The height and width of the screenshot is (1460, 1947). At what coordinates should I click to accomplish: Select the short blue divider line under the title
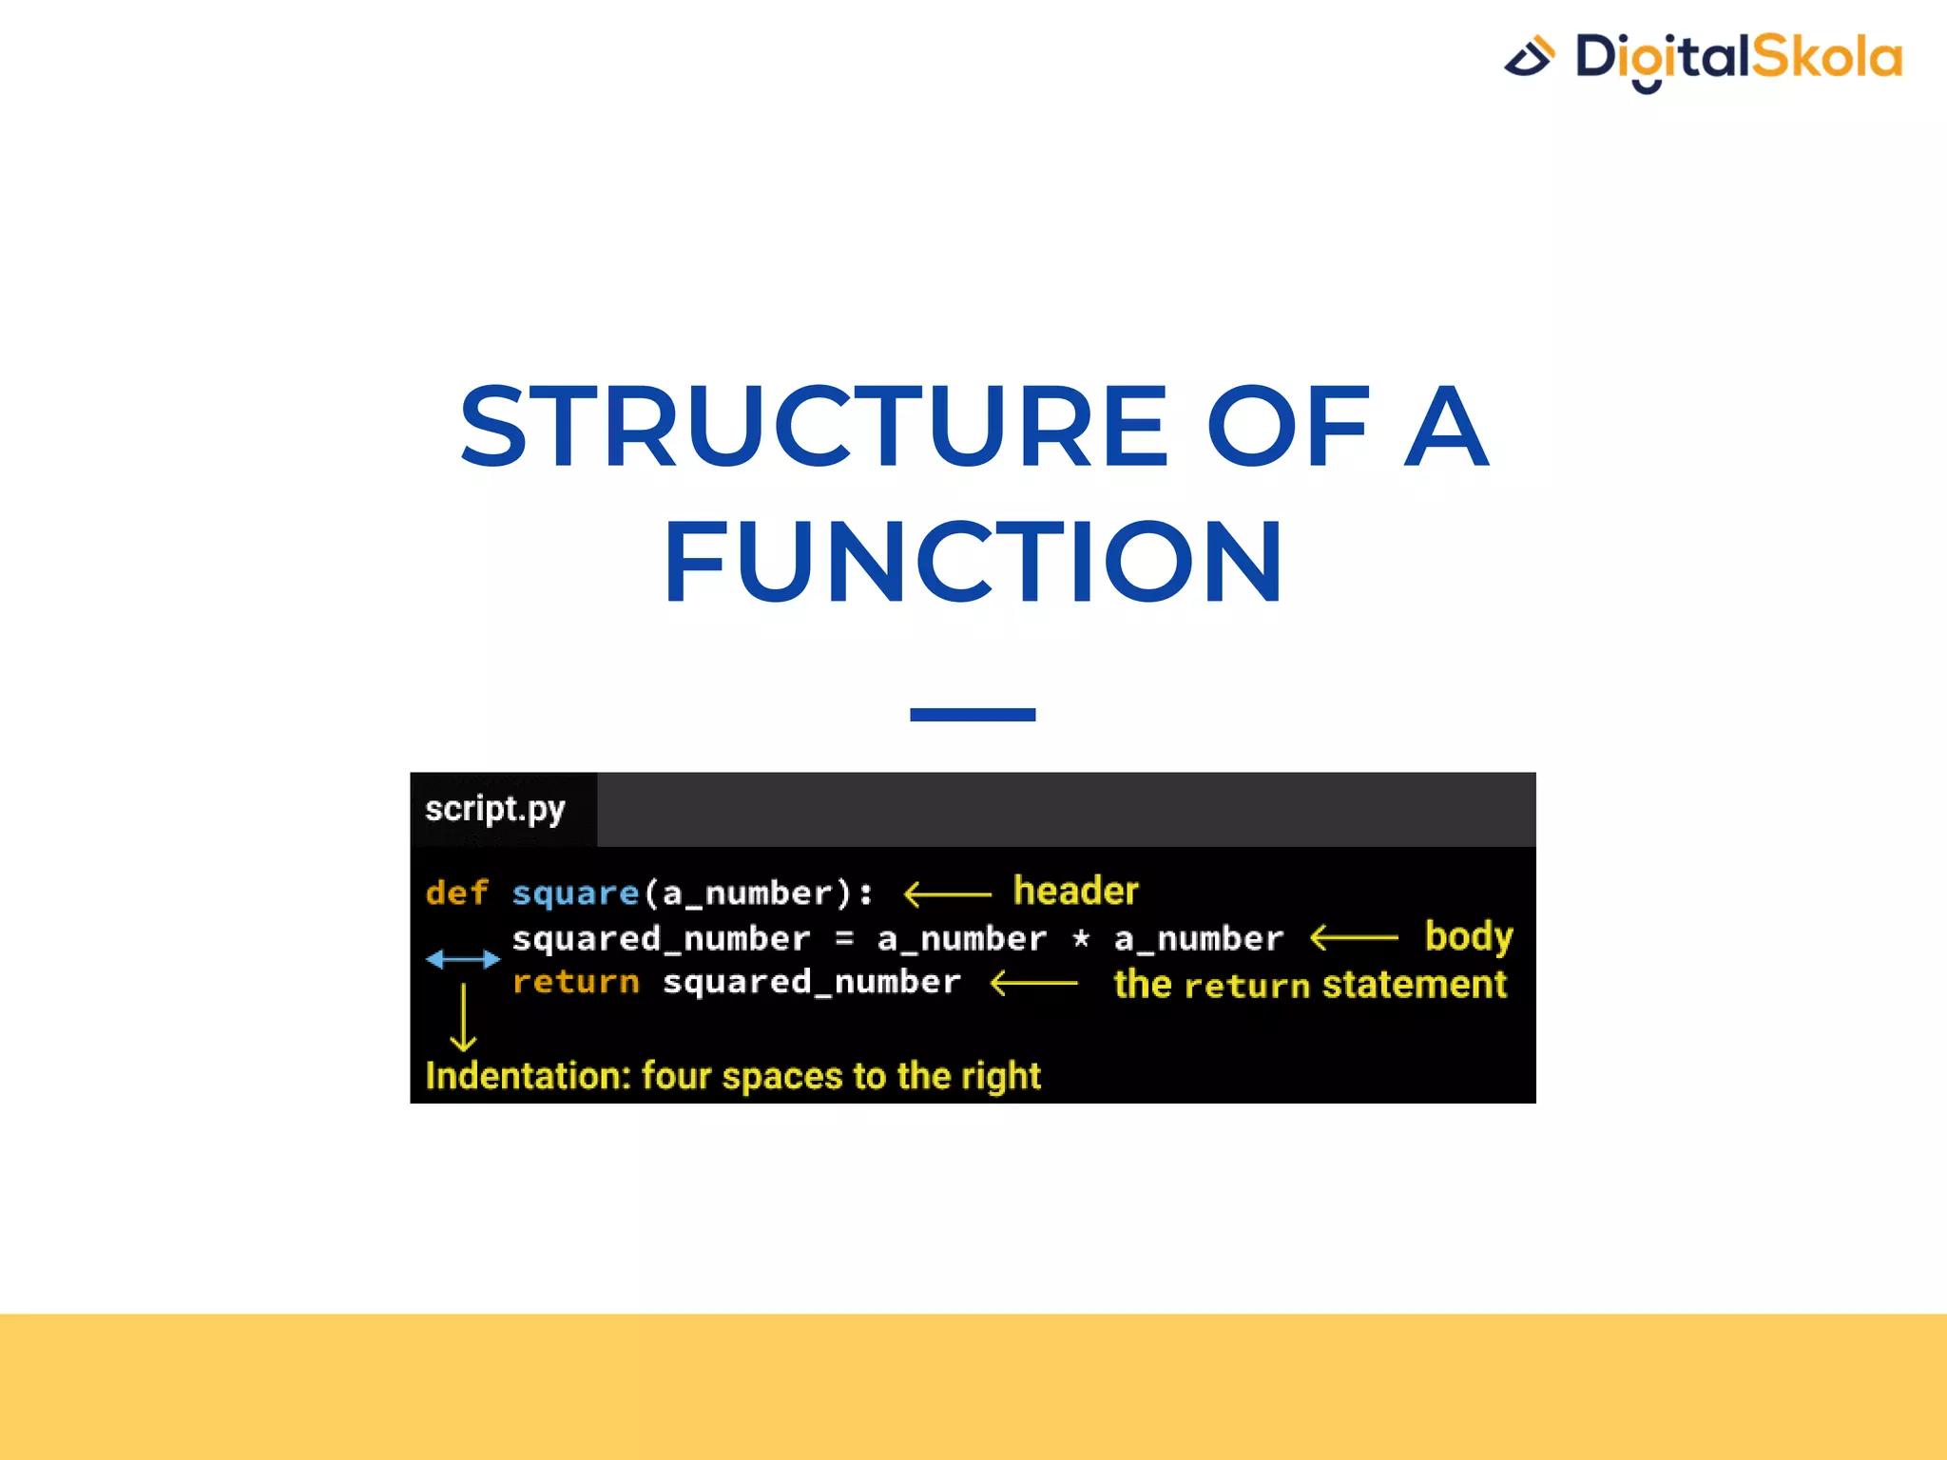972,715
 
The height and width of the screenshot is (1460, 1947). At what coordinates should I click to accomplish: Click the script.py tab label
494,810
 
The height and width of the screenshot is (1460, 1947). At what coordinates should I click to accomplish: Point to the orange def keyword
456,893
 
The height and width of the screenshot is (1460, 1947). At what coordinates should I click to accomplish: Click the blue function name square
575,893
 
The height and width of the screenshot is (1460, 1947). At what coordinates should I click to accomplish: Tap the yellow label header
1075,891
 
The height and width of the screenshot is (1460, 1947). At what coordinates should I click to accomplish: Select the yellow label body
1468,937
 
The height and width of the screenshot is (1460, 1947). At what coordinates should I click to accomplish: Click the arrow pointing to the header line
947,893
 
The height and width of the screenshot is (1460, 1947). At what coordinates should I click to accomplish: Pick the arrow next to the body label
1354,938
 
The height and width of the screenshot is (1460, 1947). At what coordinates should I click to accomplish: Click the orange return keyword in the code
575,982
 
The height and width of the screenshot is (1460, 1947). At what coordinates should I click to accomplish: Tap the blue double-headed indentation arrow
463,959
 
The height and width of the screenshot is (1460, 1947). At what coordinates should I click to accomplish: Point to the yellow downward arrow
463,1018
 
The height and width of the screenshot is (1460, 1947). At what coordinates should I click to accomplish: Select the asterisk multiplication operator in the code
1081,939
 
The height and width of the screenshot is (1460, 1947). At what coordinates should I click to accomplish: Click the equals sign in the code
843,939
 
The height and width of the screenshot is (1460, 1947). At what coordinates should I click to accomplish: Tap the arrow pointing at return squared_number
1034,983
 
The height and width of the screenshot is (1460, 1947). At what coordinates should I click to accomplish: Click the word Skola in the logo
1826,57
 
